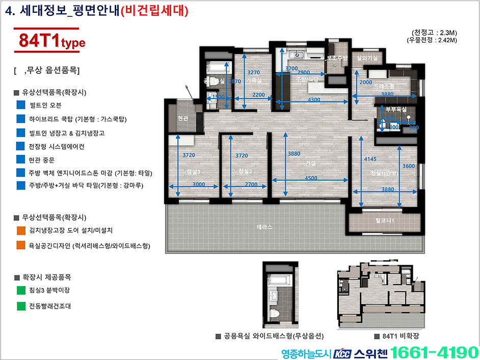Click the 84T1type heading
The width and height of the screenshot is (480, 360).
(x=51, y=41)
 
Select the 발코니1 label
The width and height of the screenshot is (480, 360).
(x=385, y=220)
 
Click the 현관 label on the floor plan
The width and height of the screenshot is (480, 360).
(x=182, y=119)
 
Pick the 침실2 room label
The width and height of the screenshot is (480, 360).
(x=245, y=172)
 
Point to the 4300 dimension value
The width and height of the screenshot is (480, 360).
(x=314, y=100)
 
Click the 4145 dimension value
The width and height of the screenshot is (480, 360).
(x=370, y=159)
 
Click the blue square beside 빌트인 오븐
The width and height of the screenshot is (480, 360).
(x=21, y=105)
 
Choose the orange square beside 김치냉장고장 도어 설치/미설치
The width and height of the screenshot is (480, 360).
(x=21, y=230)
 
